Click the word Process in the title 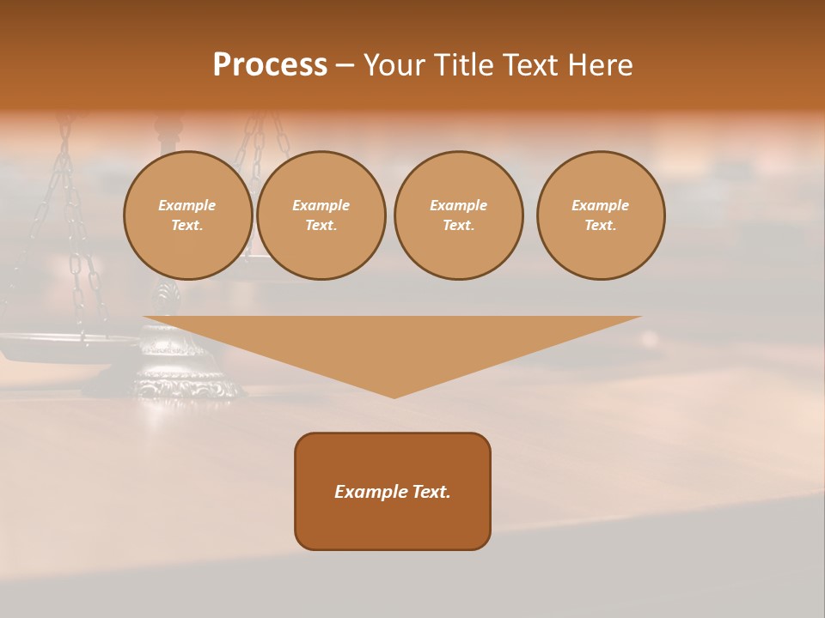pos(270,65)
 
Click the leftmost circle pos(187,215)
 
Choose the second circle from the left pos(321,215)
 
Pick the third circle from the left pos(458,215)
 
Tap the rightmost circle pos(601,215)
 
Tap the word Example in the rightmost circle pos(601,205)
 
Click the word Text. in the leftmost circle pos(187,226)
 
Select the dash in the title pos(345,66)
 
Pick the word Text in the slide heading pos(528,65)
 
